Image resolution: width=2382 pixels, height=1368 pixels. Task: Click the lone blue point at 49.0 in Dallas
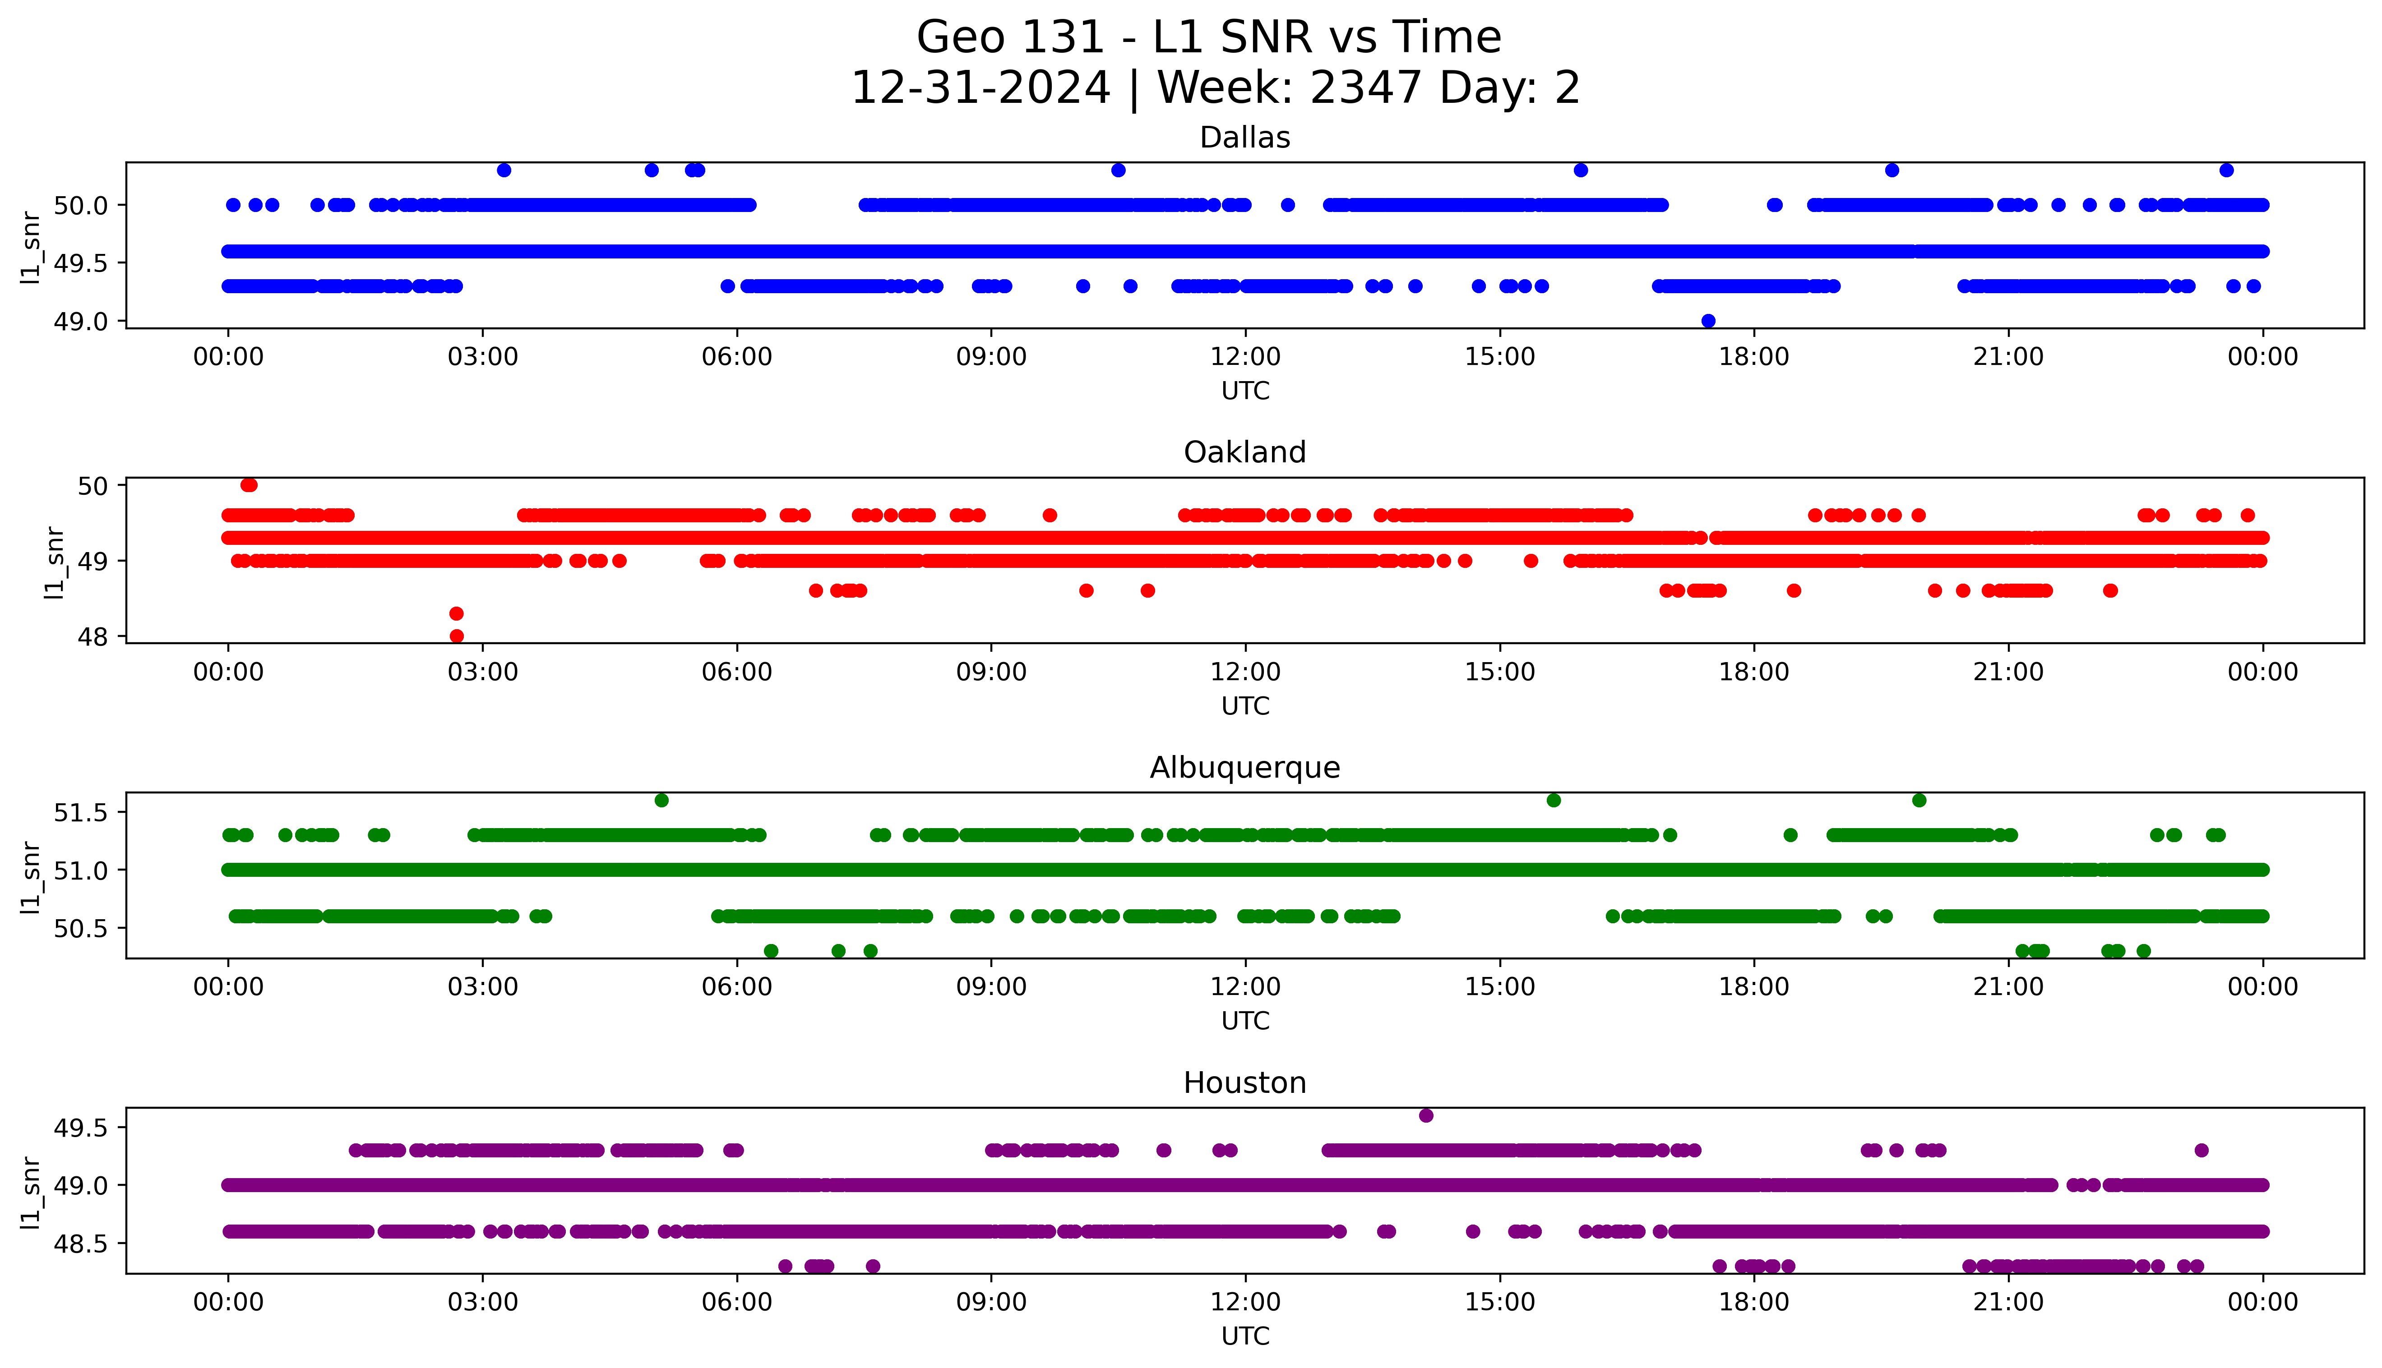coord(1708,320)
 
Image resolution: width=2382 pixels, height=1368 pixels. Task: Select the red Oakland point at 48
coord(457,636)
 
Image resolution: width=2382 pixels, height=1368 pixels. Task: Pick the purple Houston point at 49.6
coord(1425,1115)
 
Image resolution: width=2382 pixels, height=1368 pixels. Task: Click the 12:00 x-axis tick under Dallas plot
coord(1245,357)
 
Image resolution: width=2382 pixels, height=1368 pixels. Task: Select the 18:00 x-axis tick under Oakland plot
coord(1753,672)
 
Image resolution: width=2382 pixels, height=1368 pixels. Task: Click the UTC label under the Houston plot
coord(1245,1335)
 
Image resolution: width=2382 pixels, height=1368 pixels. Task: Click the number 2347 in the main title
coord(1365,88)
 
